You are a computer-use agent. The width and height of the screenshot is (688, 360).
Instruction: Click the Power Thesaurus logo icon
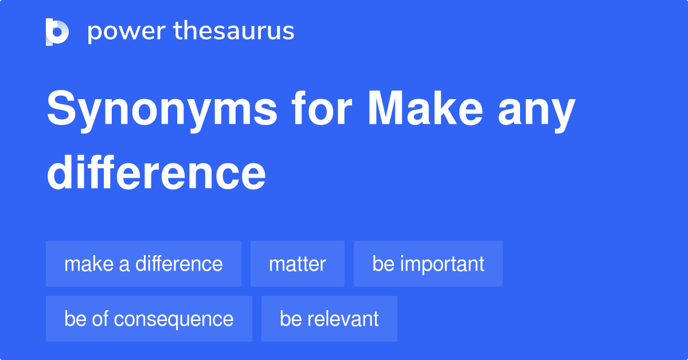coord(57,32)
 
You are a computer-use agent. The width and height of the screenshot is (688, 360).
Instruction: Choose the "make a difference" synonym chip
coord(143,264)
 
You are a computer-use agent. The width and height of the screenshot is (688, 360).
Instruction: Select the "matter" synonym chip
coord(297,264)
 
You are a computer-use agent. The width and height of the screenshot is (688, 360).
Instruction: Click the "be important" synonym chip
coord(428,264)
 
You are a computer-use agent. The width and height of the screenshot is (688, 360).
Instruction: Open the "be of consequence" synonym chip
coord(148,319)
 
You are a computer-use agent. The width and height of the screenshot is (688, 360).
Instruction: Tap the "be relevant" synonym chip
coord(329,319)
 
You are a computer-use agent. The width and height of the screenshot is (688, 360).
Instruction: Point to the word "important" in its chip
coord(442,264)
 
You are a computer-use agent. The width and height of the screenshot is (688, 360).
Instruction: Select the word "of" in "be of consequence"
coord(100,319)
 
